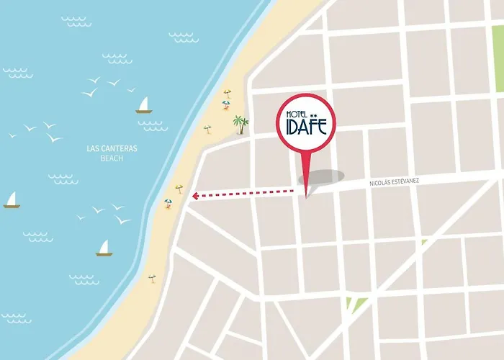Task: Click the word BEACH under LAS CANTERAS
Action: (112, 158)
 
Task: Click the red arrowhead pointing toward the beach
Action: (195, 194)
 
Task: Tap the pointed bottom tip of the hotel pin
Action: (307, 196)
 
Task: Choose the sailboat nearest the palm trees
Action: (144, 106)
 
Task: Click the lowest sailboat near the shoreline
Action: (104, 248)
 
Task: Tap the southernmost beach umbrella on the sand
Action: (151, 277)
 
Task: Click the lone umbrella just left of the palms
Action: (207, 130)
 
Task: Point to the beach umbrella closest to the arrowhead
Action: (179, 189)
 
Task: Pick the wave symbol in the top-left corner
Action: (76, 21)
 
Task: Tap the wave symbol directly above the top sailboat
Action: (184, 36)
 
